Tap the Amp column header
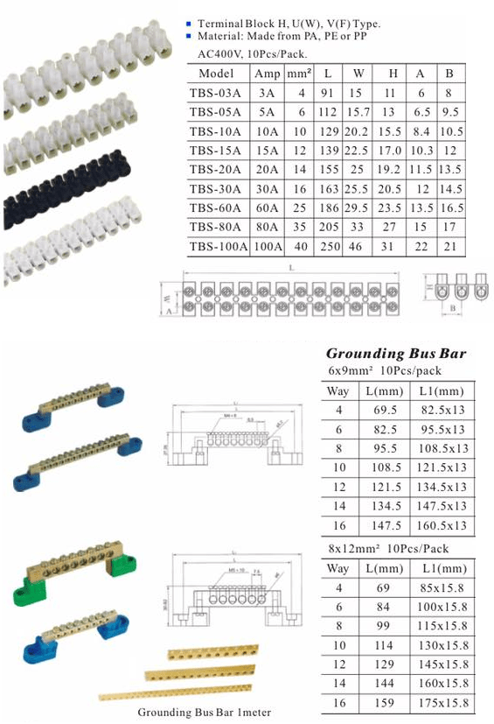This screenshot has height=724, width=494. coord(268,74)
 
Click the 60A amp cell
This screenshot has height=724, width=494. coord(268,208)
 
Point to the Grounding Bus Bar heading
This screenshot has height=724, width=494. coord(395,354)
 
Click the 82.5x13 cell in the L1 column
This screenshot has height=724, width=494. coord(438,410)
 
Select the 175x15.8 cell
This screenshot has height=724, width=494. coord(438,703)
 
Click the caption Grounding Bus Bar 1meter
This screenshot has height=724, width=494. coord(204,713)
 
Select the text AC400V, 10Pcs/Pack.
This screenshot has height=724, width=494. coord(240,53)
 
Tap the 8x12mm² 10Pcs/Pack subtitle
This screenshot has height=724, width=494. coord(387,548)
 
